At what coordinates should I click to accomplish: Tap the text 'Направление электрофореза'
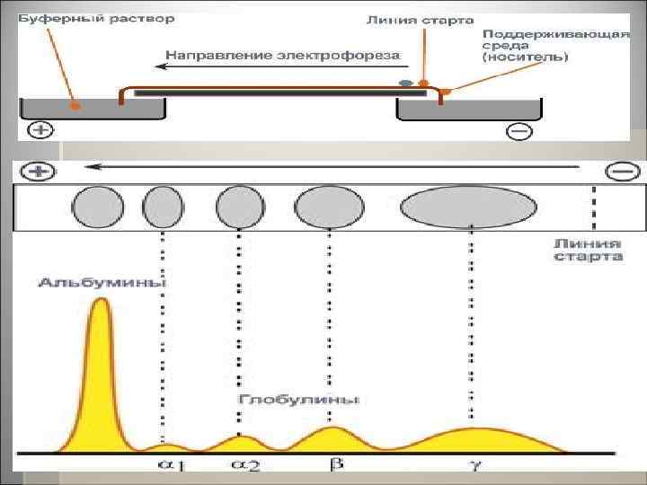click(280, 55)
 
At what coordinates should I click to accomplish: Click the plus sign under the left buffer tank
click(40, 129)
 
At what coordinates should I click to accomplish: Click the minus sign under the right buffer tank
click(518, 131)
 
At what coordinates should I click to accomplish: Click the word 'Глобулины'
click(299, 398)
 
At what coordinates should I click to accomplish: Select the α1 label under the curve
click(171, 464)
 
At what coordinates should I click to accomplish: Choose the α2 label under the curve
click(246, 464)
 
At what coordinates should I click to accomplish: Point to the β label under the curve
click(335, 464)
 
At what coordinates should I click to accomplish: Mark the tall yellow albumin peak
click(101, 359)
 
